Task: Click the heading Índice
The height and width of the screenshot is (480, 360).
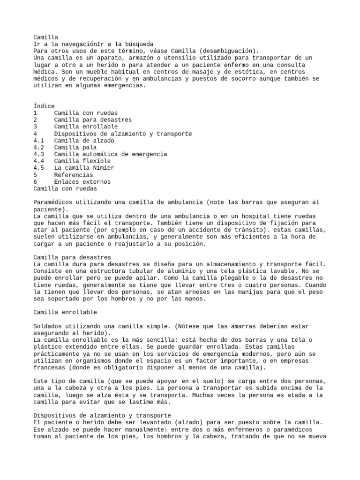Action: (x=44, y=106)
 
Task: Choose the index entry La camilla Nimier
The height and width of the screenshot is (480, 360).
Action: (x=84, y=168)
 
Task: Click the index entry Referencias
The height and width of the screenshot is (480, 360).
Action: (x=74, y=175)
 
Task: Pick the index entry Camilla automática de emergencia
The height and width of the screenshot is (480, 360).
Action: (x=111, y=154)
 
